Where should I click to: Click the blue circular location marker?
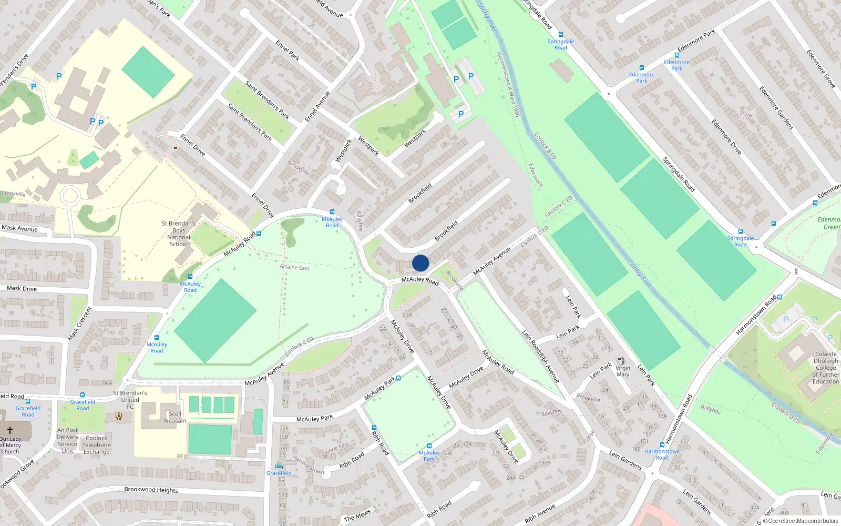tap(420, 263)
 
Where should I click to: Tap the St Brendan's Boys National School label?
tap(179, 234)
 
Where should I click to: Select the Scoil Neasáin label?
tap(175, 417)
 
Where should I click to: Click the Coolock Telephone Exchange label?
tap(97, 444)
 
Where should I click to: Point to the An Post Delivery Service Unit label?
tap(67, 440)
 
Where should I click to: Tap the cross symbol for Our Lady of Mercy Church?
tap(9, 430)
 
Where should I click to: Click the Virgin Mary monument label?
tap(623, 371)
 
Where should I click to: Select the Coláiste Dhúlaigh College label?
tap(825, 368)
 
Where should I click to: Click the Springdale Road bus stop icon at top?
tap(561, 35)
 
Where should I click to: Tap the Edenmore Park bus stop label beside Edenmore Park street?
tap(676, 65)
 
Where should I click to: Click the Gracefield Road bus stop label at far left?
tap(28, 411)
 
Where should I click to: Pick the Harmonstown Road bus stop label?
tap(662, 454)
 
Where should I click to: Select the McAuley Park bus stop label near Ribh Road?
tap(429, 456)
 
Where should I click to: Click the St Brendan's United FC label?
tap(130, 400)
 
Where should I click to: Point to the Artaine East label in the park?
tap(294, 267)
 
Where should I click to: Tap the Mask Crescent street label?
tap(80, 323)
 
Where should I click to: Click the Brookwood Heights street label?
tap(151, 490)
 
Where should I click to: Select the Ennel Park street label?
tap(288, 50)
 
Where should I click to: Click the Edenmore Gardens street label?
tap(776, 108)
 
